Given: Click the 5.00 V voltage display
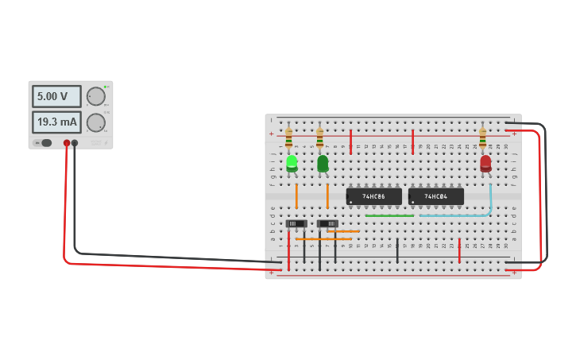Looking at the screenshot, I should click(56, 96).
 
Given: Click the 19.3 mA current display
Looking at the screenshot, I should click(56, 122).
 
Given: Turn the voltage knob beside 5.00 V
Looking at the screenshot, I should click(95, 96).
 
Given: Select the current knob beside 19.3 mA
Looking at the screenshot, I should click(95, 122).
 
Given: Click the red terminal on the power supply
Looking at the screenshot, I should click(67, 143).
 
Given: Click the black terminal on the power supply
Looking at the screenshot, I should click(75, 143).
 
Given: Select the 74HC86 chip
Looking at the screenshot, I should click(373, 196).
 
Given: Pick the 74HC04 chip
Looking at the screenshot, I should click(435, 196).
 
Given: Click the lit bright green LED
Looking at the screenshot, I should click(292, 162).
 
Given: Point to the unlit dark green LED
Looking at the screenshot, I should click(323, 163).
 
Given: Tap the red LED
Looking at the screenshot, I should click(485, 163).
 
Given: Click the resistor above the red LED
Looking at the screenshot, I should click(482, 137).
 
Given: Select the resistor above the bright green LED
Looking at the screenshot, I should click(288, 137).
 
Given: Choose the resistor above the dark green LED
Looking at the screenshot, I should click(319, 137).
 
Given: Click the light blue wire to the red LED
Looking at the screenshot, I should click(490, 199).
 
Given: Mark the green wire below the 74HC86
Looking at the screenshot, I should click(389, 215).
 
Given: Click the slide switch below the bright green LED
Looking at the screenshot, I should click(296, 223).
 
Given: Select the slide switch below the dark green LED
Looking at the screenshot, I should click(327, 223).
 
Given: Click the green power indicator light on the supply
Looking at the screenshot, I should click(106, 87).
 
